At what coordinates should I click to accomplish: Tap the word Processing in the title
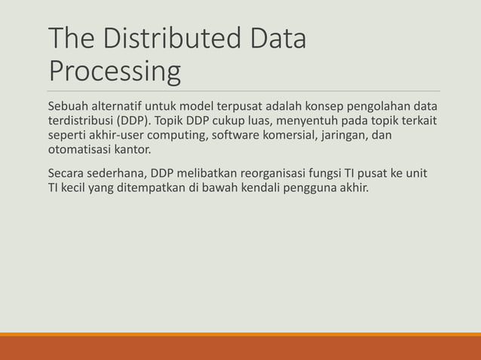114,72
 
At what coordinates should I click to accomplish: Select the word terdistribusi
78,121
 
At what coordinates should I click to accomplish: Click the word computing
179,136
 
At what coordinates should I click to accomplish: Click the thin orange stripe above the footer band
240,334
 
